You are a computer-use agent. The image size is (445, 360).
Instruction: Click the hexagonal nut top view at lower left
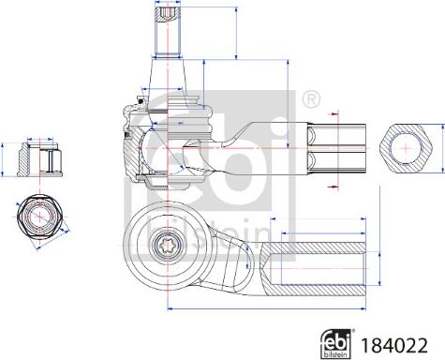pyautogui.click(x=38, y=217)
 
